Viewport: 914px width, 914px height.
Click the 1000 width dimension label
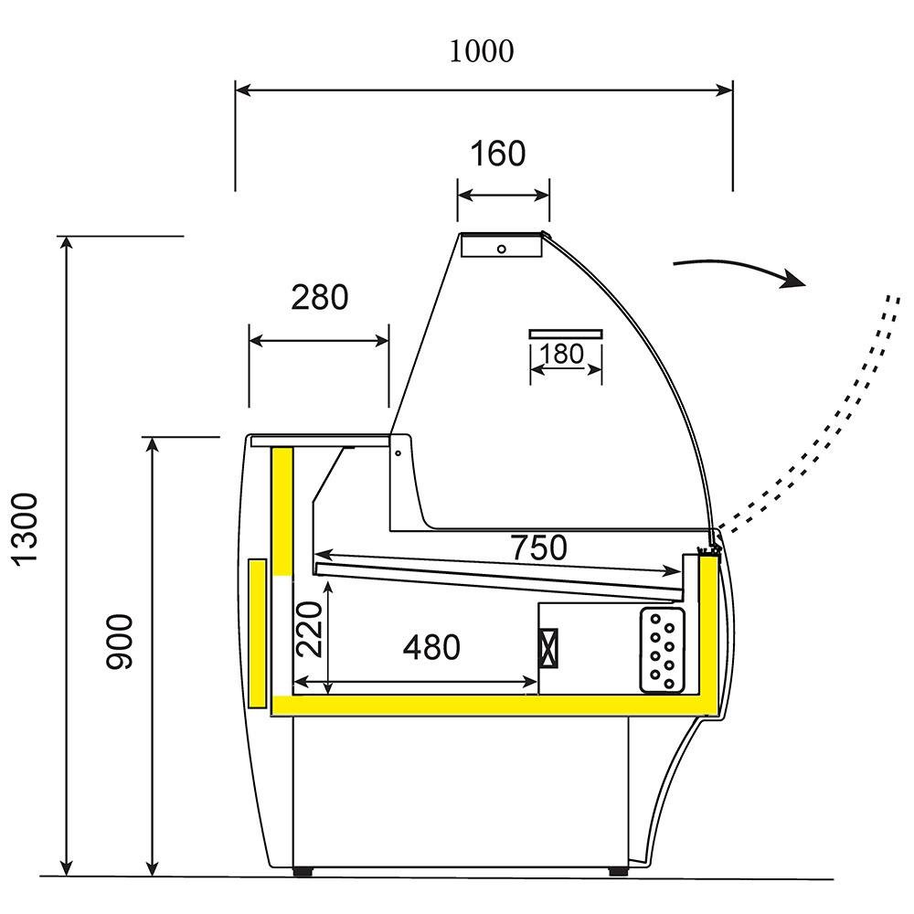[x=481, y=52]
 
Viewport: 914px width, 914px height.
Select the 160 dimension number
[x=498, y=154]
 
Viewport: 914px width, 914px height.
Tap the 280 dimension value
[x=319, y=297]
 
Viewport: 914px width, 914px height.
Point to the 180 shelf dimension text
[x=562, y=354]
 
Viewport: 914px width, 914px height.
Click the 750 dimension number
[x=538, y=547]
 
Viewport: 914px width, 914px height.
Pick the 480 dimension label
[x=431, y=648]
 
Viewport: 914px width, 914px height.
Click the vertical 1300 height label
[x=28, y=529]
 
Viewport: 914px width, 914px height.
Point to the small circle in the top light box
[x=501, y=249]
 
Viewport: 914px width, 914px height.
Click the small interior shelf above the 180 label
[x=567, y=333]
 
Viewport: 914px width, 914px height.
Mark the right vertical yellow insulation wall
[x=706, y=631]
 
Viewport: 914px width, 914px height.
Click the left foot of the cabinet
[x=303, y=871]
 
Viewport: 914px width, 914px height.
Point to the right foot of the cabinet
[x=618, y=871]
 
